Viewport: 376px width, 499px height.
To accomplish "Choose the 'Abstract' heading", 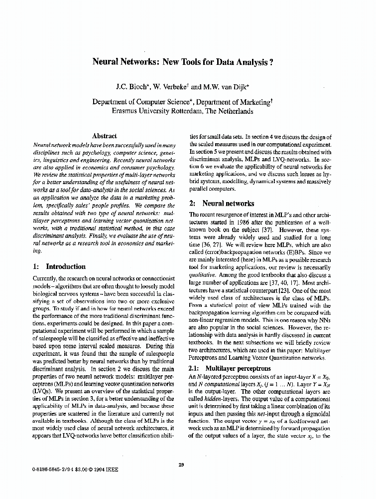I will click(x=105, y=136).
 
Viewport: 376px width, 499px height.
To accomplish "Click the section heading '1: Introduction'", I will click(x=59, y=266).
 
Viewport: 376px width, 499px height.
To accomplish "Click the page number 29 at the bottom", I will click(x=181, y=465).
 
